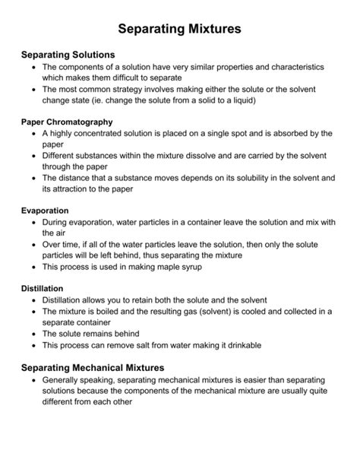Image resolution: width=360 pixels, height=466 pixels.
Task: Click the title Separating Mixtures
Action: pos(180,29)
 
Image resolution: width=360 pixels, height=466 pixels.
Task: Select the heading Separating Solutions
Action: pos(68,55)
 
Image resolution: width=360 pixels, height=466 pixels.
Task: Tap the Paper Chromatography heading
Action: pos(67,122)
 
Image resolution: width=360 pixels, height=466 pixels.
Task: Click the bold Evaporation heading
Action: pos(45,210)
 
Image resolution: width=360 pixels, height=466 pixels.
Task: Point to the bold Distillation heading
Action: pos(43,289)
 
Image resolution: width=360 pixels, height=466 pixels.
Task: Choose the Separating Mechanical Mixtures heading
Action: pos(93,367)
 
